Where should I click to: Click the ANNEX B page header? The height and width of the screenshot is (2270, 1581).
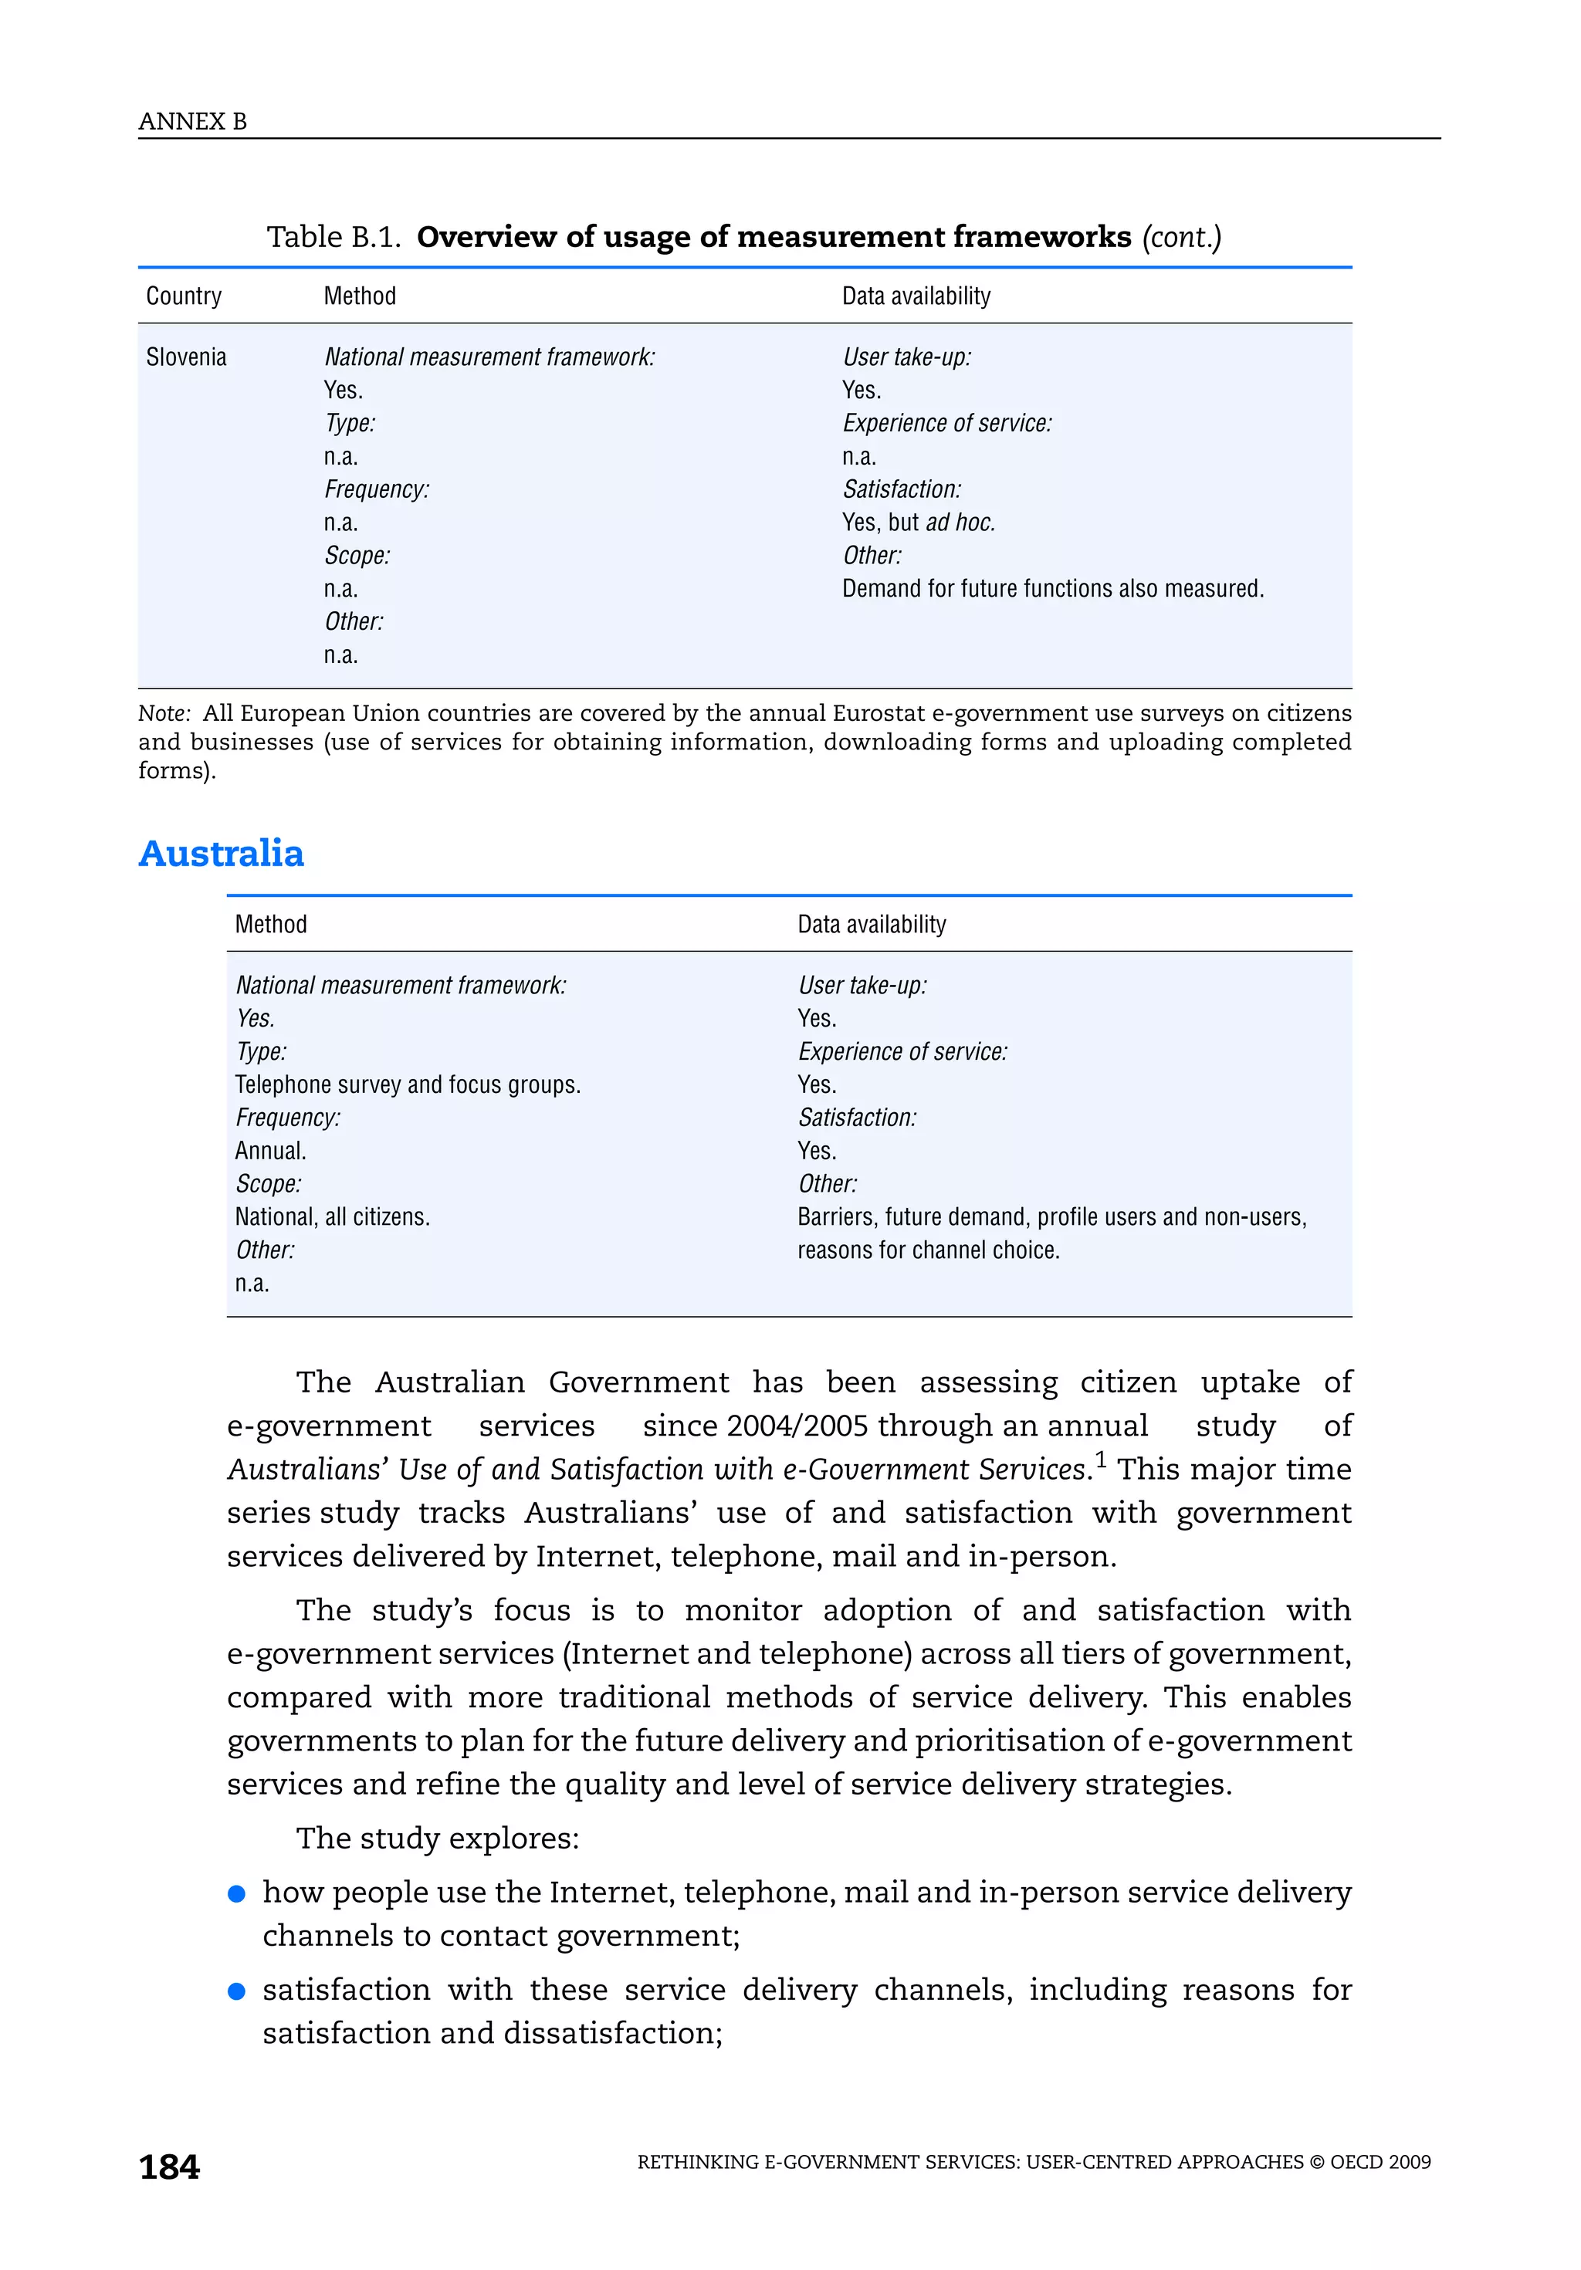pyautogui.click(x=193, y=122)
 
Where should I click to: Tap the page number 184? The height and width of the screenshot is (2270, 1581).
pyautogui.click(x=169, y=2167)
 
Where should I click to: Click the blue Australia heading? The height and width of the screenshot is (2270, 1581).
pyautogui.click(x=222, y=853)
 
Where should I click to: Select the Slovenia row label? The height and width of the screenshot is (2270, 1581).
pyautogui.click(x=186, y=357)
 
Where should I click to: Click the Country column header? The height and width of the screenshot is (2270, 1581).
pyautogui.click(x=184, y=296)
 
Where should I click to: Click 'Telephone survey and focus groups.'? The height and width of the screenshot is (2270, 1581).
pyautogui.click(x=408, y=1084)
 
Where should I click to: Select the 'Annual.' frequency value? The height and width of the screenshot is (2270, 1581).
pyautogui.click(x=271, y=1151)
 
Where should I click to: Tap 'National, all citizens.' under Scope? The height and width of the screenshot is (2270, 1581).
pyautogui.click(x=332, y=1217)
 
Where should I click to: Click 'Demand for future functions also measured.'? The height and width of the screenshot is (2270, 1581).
pyautogui.click(x=1053, y=588)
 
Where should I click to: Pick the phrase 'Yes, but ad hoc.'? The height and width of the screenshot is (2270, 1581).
pyautogui.click(x=919, y=522)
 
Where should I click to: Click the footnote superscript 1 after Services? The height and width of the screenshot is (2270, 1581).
pyautogui.click(x=1101, y=1460)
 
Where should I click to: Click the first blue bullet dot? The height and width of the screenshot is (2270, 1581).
pyautogui.click(x=236, y=1893)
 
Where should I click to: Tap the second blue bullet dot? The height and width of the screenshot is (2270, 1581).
pyautogui.click(x=236, y=1991)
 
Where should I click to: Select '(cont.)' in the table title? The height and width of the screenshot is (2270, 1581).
pyautogui.click(x=1182, y=237)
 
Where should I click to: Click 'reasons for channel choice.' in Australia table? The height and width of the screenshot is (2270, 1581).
pyautogui.click(x=929, y=1250)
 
